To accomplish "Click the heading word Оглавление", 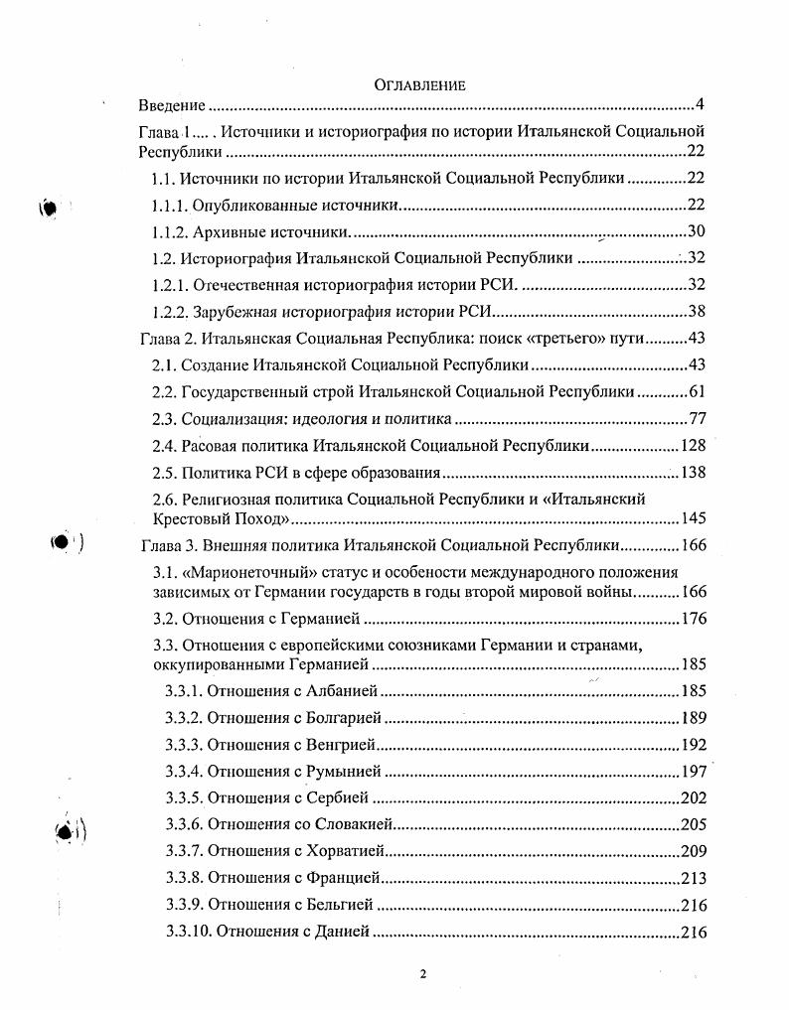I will tap(419, 85).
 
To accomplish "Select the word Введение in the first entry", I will tap(171, 105).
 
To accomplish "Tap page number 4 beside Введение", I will tap(700, 105).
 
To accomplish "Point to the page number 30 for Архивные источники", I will tap(696, 231).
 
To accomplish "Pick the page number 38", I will tap(696, 310).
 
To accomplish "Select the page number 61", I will tap(696, 391).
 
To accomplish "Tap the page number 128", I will tap(692, 445).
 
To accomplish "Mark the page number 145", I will tap(692, 518).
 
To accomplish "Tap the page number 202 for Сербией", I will tap(692, 796).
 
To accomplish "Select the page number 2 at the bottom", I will tap(422, 974).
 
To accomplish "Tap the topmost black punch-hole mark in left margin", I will tap(51, 208).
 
